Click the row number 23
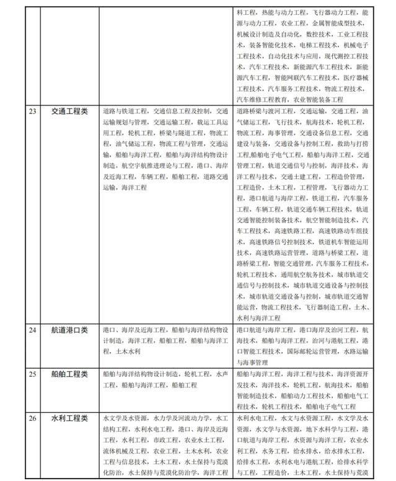(x=32, y=112)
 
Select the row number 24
(x=32, y=330)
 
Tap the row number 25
(x=32, y=374)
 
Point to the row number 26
(x=32, y=419)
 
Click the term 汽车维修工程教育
(x=263, y=100)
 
